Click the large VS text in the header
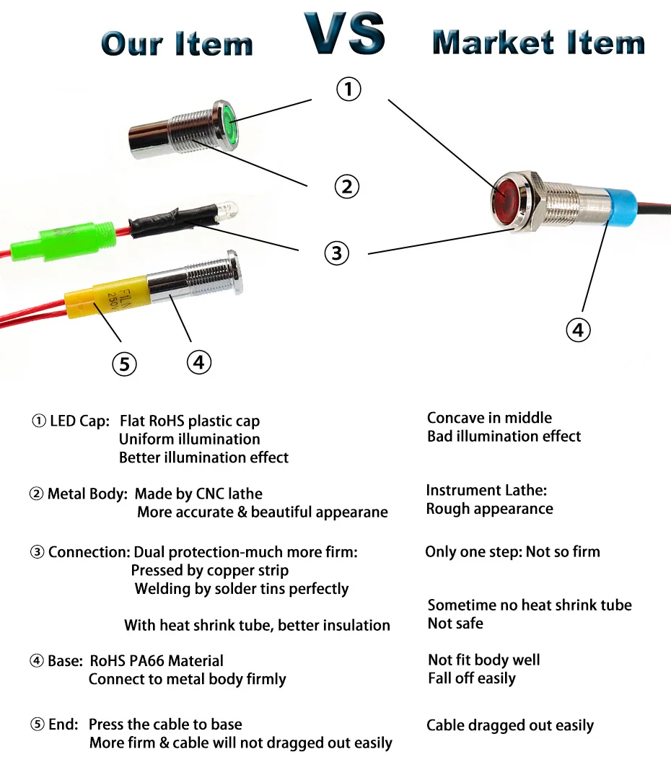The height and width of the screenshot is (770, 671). point(344,34)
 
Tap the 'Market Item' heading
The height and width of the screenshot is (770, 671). point(538,43)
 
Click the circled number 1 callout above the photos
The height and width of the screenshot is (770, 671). point(348,89)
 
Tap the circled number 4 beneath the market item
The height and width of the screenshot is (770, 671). point(577,330)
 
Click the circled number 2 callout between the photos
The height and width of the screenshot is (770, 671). point(347,186)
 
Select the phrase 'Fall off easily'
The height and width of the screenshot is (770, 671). point(471,678)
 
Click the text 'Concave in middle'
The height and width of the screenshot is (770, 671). point(489,418)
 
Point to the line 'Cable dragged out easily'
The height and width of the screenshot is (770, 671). point(509,725)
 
